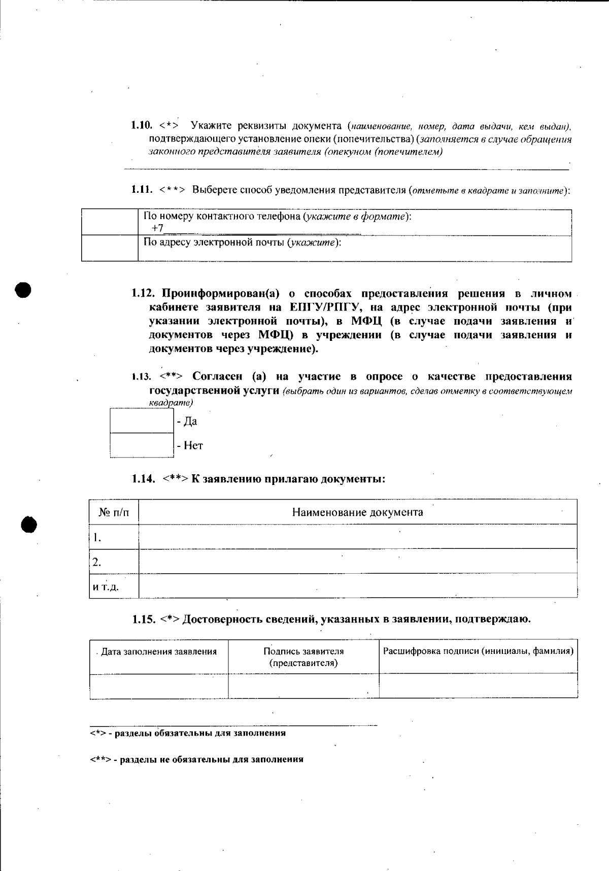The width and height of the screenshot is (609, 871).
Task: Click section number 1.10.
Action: point(142,125)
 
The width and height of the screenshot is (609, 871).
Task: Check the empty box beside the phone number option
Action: point(110,222)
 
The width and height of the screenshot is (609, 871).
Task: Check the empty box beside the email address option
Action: point(110,248)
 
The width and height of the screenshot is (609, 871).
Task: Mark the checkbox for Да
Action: point(142,421)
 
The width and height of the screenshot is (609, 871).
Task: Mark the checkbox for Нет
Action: point(142,445)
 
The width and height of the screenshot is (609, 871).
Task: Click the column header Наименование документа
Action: point(357,512)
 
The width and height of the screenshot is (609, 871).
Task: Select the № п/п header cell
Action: point(114,512)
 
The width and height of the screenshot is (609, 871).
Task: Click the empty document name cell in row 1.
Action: point(357,537)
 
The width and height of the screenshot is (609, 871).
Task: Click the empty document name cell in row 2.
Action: point(357,561)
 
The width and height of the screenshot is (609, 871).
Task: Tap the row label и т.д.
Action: point(106,587)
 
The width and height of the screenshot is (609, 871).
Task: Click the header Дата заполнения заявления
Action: point(159,652)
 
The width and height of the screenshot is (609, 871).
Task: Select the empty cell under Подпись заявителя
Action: point(303,686)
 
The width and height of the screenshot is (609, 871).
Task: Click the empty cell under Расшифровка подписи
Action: point(478,686)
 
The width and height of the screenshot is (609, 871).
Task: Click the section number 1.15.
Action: point(144,619)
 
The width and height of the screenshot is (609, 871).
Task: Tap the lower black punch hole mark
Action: point(29,525)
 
